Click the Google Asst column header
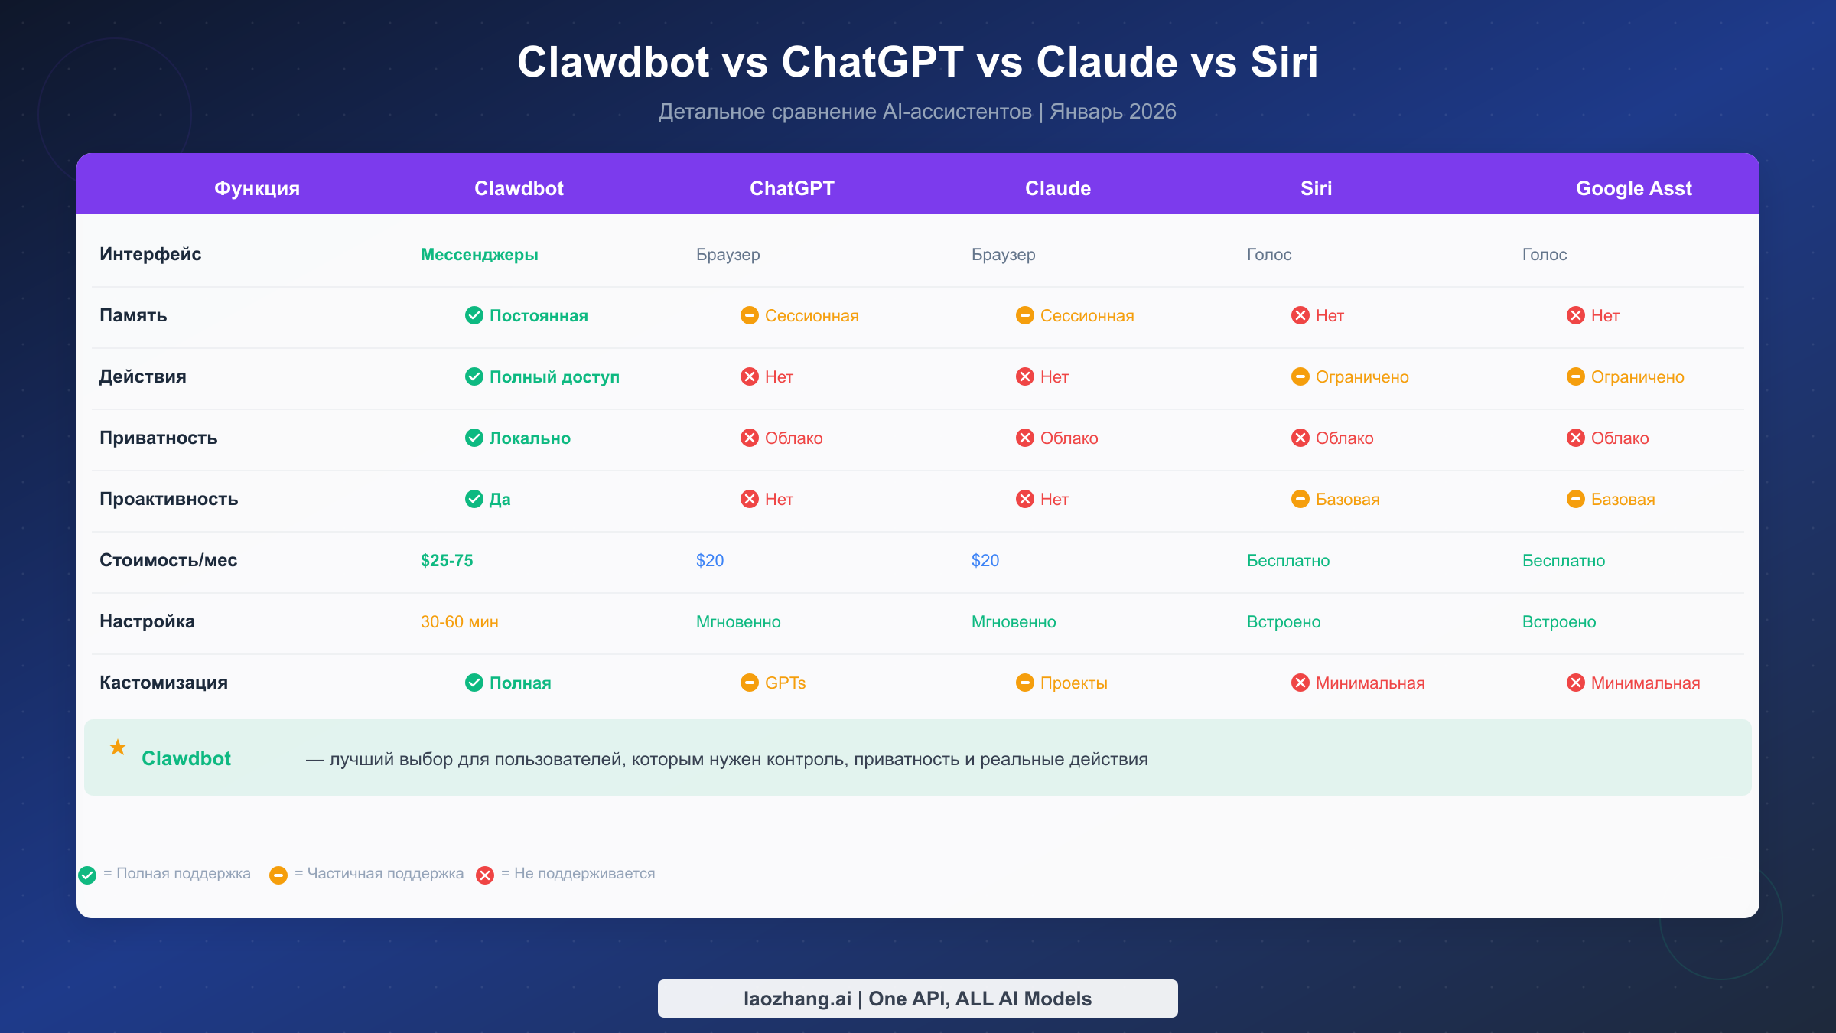coord(1633,188)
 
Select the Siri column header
coord(1316,188)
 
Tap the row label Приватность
coord(158,438)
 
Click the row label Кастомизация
coord(164,683)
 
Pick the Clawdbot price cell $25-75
coord(447,560)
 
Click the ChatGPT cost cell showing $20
coord(710,560)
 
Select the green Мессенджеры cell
coord(480,254)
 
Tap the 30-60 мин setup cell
coord(459,621)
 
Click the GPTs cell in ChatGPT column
coord(785,683)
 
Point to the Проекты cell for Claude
coord(1073,683)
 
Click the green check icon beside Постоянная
coord(474,315)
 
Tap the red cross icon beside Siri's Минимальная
coord(1300,683)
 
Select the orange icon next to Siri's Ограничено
coord(1300,376)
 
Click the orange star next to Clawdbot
coord(118,747)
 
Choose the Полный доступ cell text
coord(554,376)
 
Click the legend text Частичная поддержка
coord(385,873)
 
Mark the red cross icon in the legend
coord(485,875)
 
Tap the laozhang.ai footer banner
coord(917,998)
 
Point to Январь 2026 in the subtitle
coord(1112,112)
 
